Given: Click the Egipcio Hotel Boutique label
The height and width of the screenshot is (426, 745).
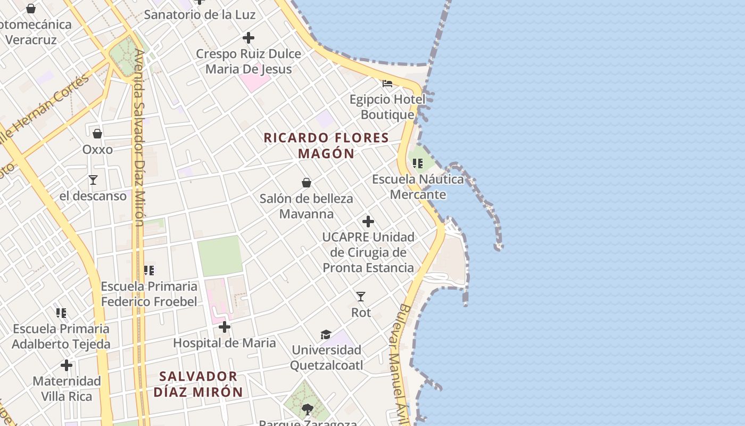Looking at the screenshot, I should pos(387,107).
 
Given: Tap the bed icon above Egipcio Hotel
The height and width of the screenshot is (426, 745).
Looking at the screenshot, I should pos(387,84).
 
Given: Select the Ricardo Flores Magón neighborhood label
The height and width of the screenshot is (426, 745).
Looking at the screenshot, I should pos(326,145).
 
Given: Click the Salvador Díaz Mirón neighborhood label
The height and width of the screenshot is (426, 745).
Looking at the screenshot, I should pos(198,384).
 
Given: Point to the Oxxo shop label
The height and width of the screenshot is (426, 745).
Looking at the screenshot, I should pos(97,150).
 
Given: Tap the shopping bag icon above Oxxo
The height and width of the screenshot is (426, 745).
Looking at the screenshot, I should pos(97,133).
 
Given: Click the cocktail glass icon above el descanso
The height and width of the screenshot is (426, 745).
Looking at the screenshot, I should pos(93,180).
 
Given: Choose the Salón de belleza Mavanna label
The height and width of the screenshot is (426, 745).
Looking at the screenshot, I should pos(307,207).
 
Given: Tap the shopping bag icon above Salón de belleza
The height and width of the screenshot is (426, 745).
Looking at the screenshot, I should pos(307,183).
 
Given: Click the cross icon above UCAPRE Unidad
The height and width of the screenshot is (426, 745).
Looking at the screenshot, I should pos(368,222).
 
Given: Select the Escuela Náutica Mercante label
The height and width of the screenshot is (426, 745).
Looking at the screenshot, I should pos(418,186).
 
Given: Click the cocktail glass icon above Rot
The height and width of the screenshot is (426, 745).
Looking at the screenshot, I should pos(361,296).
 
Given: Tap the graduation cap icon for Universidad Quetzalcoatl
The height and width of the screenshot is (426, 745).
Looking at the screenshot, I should pos(326,334).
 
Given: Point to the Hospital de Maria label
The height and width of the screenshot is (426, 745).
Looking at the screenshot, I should pos(225,343).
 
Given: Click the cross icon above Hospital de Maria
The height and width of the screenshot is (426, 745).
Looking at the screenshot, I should pos(225,326).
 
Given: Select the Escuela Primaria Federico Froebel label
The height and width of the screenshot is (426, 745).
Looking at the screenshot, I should pos(149,294).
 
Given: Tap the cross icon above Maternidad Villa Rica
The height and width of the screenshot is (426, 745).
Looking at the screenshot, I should pos(67,365).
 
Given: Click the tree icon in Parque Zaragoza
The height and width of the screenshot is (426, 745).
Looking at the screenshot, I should pos(307,409).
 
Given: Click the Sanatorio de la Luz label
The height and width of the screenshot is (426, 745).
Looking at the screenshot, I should pos(200,14).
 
